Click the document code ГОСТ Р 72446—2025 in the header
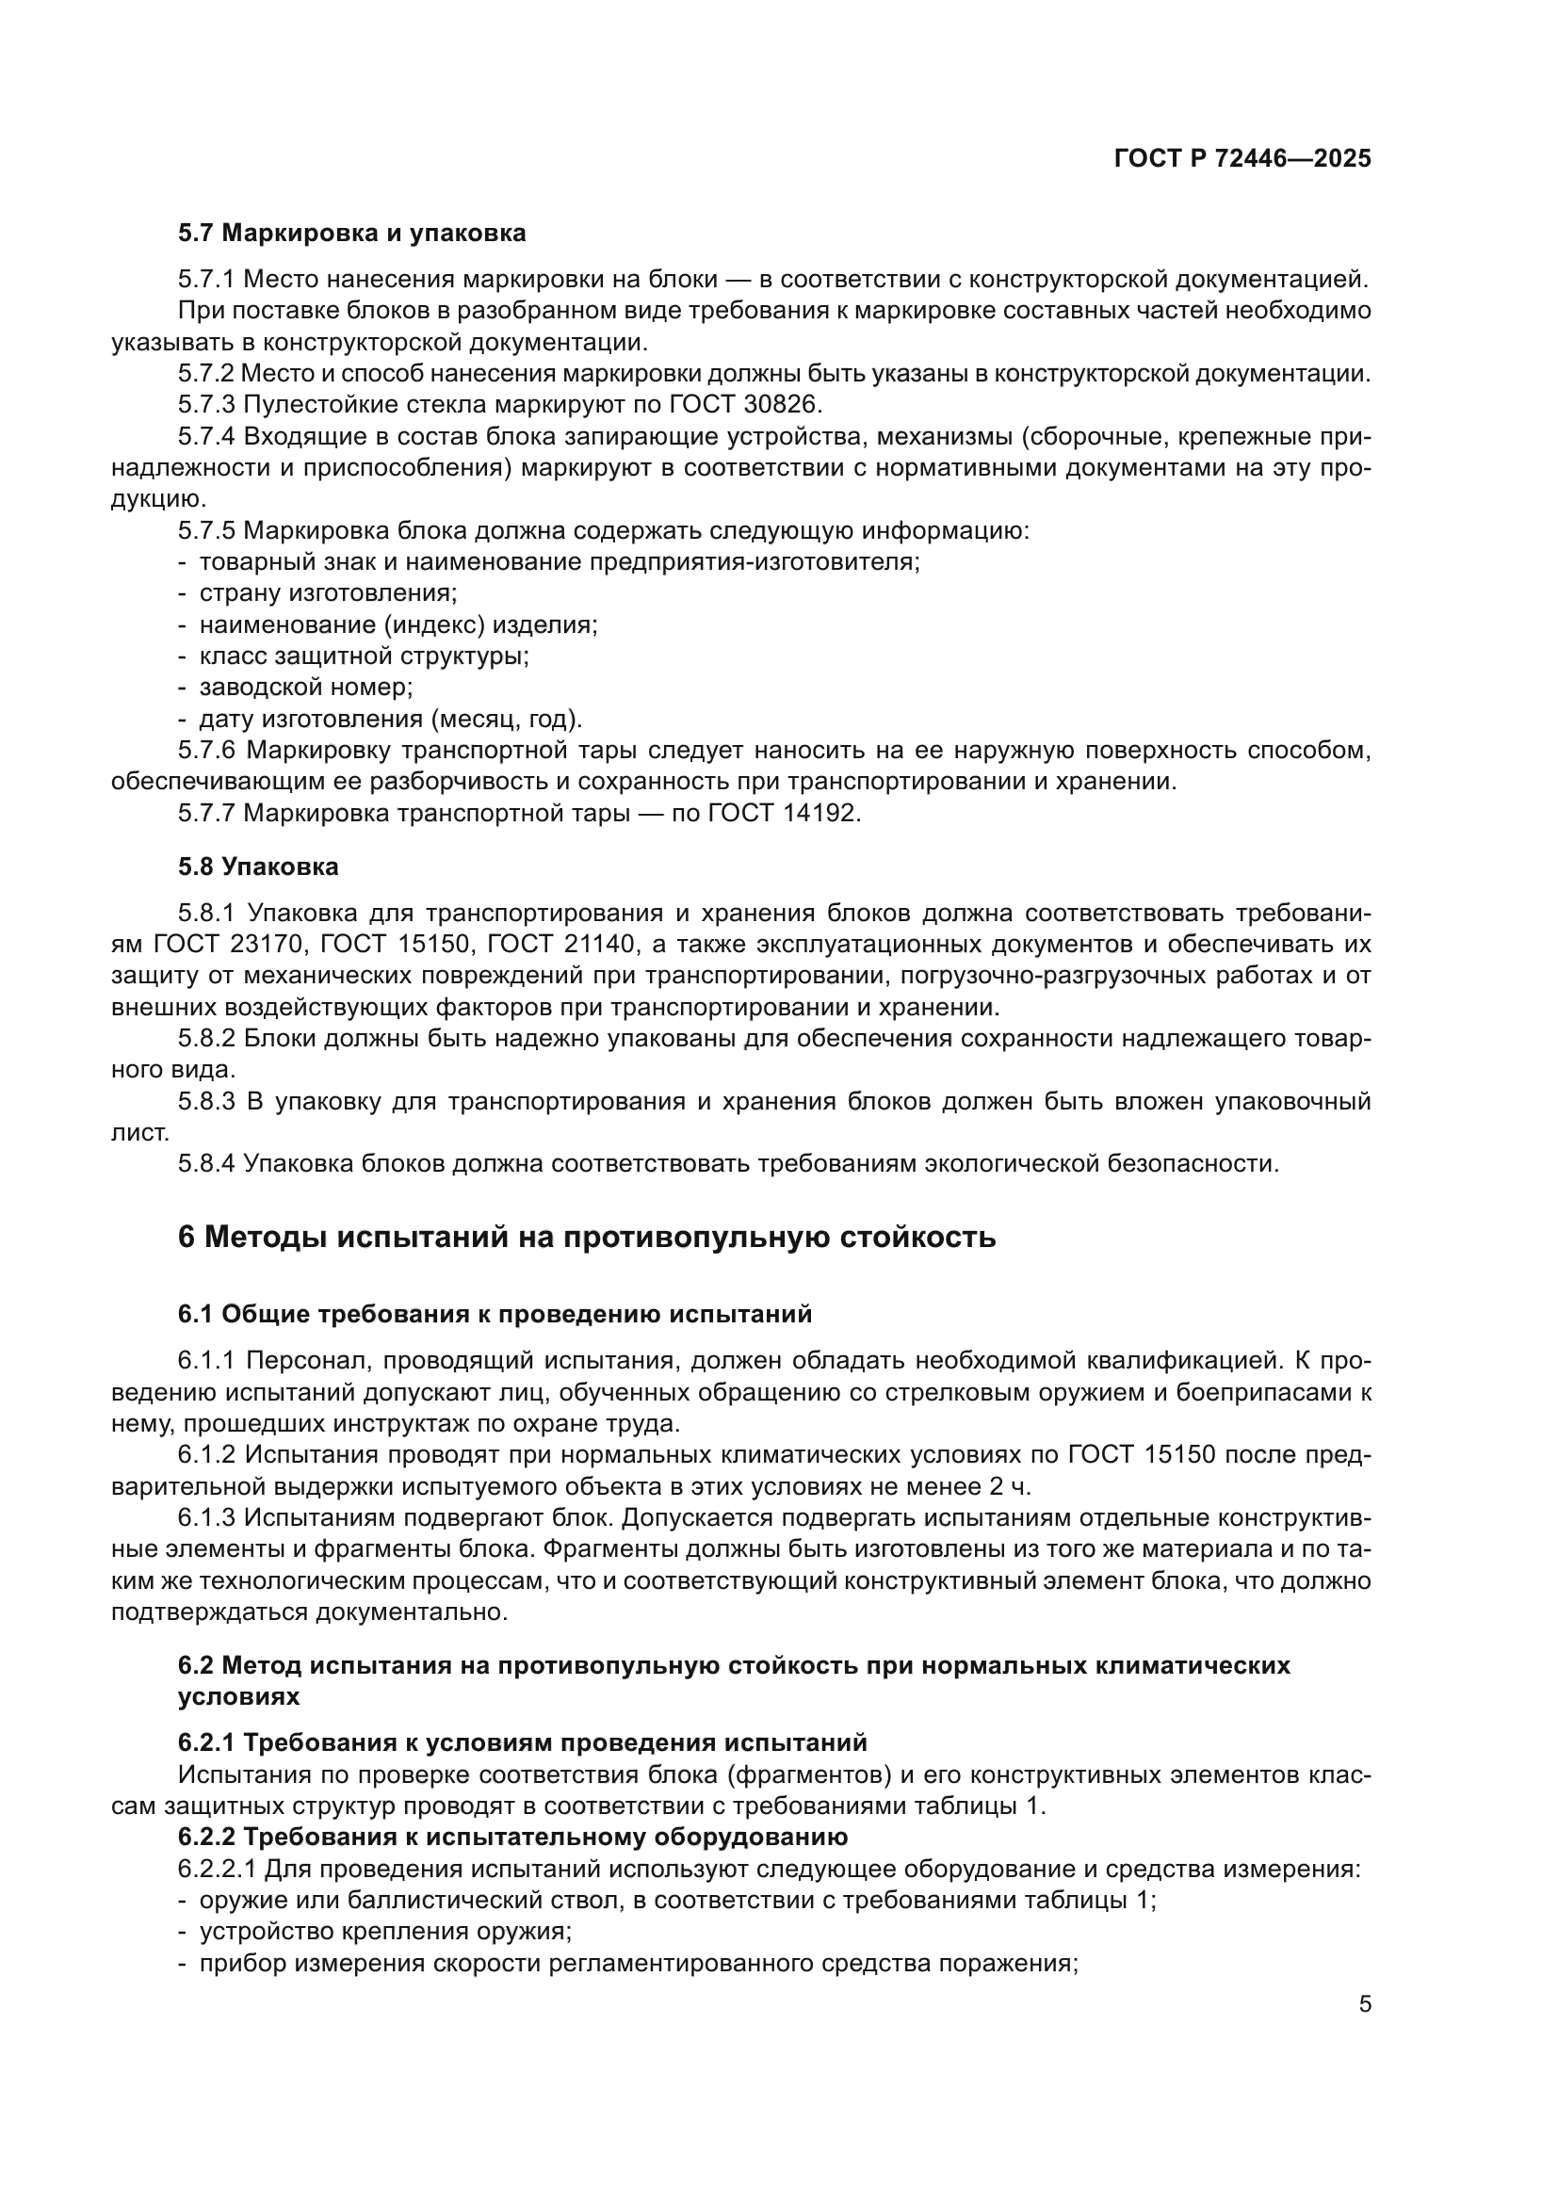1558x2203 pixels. click(x=1242, y=158)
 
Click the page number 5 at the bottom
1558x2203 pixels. click(x=1365, y=2004)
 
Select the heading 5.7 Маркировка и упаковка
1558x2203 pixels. click(x=351, y=234)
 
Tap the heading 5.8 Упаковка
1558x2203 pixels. click(x=258, y=867)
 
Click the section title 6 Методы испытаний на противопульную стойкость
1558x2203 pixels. click(x=586, y=1237)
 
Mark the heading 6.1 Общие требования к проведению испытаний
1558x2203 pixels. click(x=495, y=1314)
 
